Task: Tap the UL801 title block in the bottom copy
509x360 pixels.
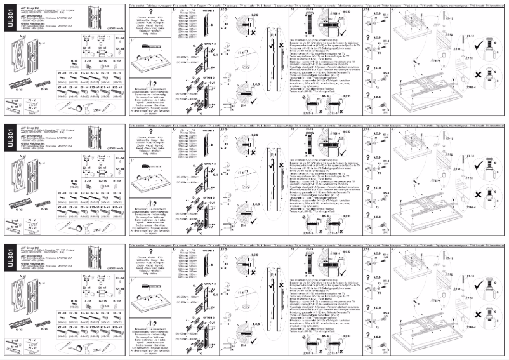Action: pyautogui.click(x=8, y=259)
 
